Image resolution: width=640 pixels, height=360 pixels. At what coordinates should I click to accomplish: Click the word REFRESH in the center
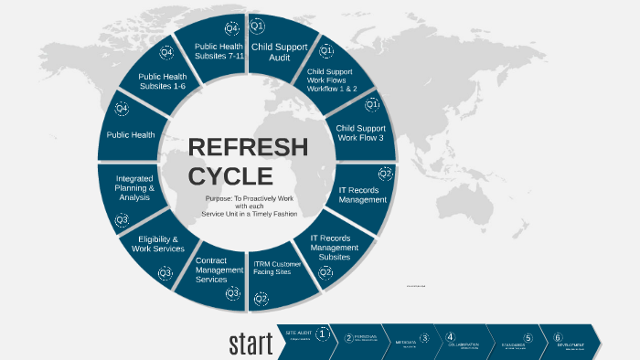248,147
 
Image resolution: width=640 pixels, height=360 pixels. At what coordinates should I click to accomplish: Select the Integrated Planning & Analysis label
134,187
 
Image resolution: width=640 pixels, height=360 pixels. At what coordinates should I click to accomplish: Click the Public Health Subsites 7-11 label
219,51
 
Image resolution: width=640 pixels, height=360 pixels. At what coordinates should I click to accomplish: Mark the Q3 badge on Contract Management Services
233,293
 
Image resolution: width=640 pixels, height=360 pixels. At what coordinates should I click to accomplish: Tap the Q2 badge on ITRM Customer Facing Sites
261,298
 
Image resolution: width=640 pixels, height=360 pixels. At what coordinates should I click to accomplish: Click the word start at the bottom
251,344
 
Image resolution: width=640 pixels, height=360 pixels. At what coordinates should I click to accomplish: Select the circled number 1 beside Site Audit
322,334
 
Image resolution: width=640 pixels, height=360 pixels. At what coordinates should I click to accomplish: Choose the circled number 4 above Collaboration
451,336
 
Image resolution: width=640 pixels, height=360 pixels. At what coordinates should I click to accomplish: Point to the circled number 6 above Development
557,336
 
